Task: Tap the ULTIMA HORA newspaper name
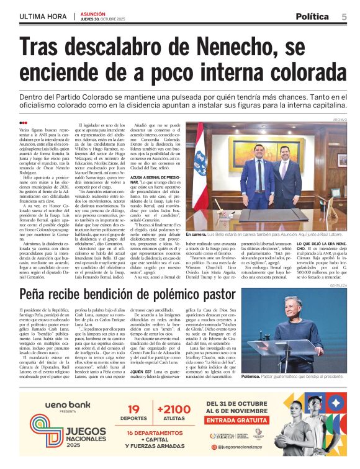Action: [44, 16]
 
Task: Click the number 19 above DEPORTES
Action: [134, 409]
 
